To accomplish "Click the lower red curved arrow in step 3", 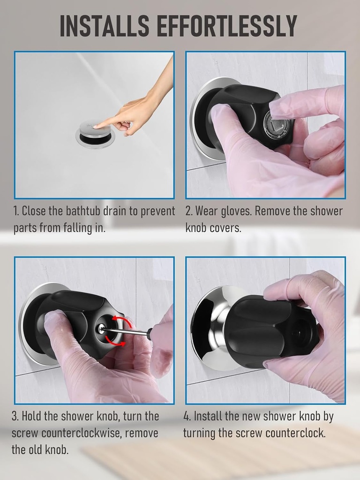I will pyautogui.click(x=117, y=344).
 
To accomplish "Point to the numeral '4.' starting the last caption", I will pyautogui.click(x=187, y=416).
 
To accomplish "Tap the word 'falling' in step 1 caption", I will pyautogui.click(x=75, y=229).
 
